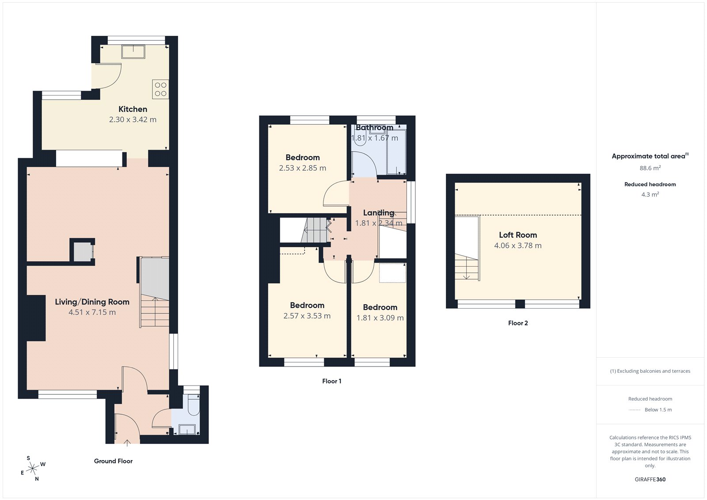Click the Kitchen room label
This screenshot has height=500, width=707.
pos(133,109)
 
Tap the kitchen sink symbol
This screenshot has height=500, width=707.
pos(133,52)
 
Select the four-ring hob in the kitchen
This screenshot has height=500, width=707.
pos(160,89)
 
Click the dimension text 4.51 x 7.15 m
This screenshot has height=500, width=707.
pos(92,312)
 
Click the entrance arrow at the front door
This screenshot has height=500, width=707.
pos(127,442)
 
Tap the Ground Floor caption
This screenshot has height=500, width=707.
pos(113,461)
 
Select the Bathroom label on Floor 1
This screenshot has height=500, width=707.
pos(374,128)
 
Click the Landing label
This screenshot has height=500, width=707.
pos(378,213)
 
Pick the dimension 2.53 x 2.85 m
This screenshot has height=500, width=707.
pos(302,168)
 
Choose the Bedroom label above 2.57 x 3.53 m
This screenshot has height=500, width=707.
pos(307,305)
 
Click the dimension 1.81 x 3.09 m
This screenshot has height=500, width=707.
pos(380,318)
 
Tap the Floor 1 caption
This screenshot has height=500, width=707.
pos(331,381)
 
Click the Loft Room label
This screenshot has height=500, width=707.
pos(518,235)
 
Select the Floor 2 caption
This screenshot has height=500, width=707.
pos(518,323)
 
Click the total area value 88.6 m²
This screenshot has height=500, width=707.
pos(650,168)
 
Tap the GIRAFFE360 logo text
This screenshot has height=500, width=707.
pos(650,479)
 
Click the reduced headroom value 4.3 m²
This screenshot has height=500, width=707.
pos(650,195)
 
